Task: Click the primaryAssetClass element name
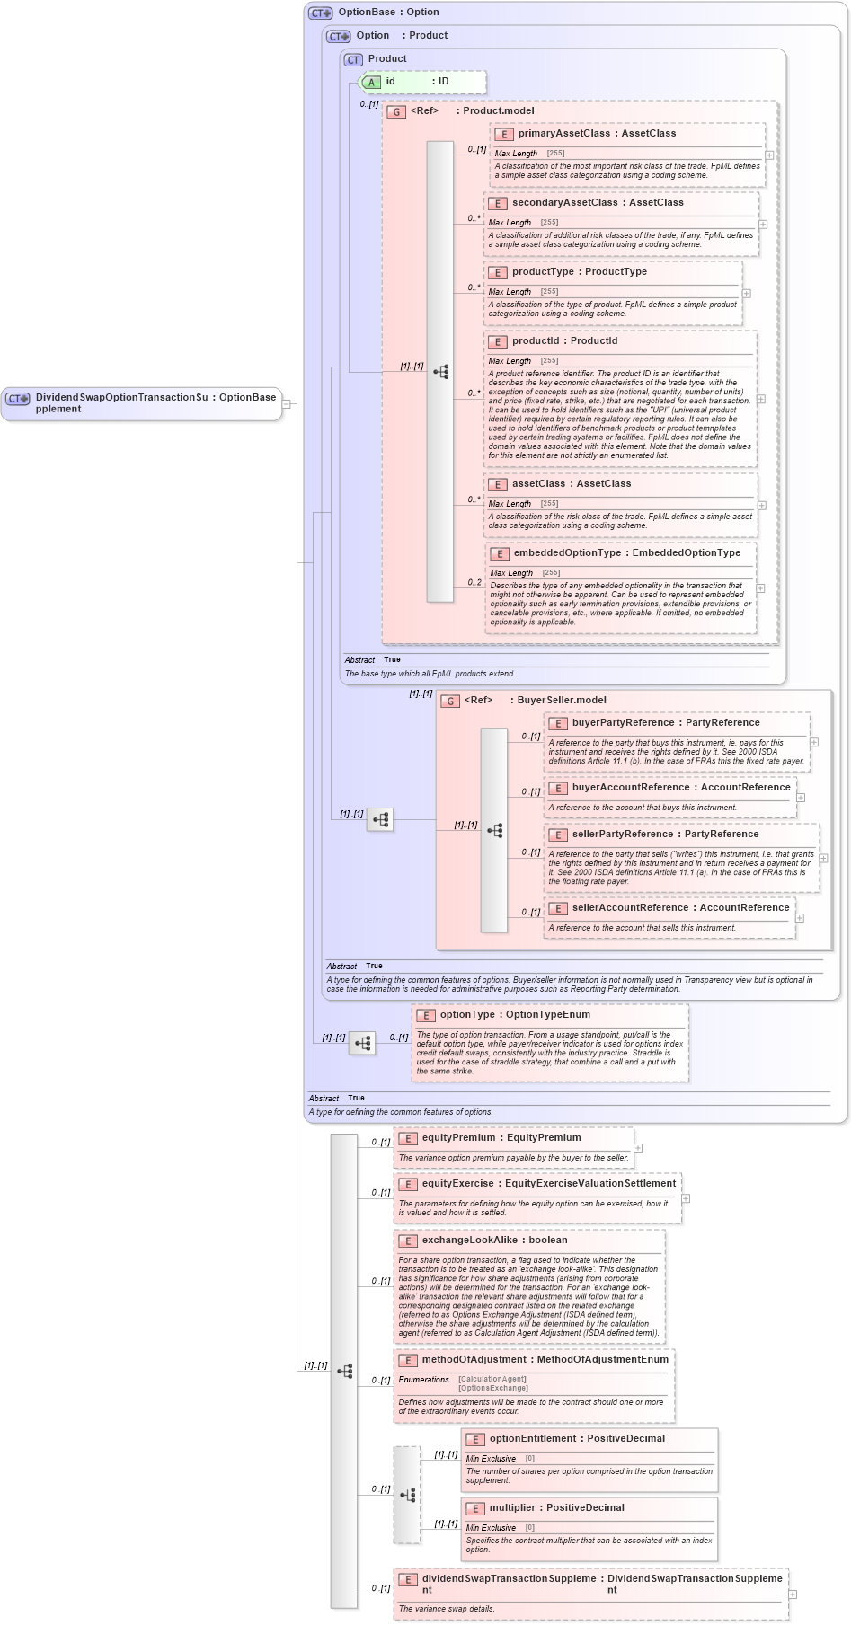tap(563, 134)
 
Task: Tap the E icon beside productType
tap(497, 272)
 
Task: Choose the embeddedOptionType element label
tap(567, 553)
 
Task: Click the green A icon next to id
tap(371, 82)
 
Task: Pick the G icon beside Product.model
tap(396, 112)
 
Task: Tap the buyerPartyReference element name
tap(623, 723)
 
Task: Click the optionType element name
tap(467, 1015)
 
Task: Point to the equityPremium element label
tap(458, 1138)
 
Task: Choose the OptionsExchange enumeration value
tap(492, 1389)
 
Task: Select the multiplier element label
tap(516, 1508)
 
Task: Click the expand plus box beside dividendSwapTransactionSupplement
tap(793, 1594)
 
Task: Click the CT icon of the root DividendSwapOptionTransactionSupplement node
tap(18, 399)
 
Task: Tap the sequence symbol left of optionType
tap(362, 1043)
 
